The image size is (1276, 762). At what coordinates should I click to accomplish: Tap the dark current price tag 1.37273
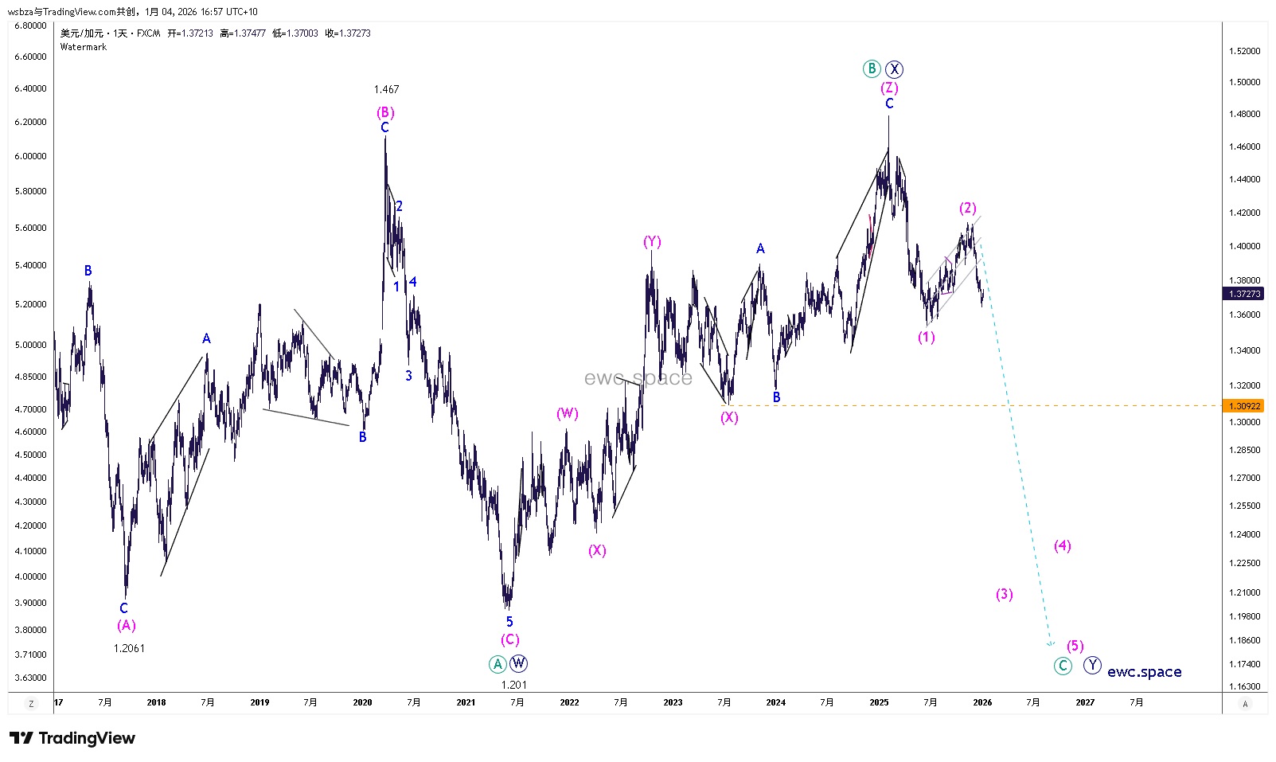pos(1244,294)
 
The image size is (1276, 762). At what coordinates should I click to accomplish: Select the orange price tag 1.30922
pos(1244,406)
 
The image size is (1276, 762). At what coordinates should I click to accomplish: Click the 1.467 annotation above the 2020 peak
pos(386,89)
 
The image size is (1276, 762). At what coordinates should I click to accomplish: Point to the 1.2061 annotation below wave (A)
pos(129,648)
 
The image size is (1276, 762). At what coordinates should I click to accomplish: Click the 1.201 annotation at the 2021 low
pos(513,685)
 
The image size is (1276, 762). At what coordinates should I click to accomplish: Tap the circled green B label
pos(872,68)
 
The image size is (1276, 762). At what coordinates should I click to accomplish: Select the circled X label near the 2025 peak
pos(895,68)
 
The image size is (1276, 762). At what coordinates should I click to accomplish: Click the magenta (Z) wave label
pos(889,88)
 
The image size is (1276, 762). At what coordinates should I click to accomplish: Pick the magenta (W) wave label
pos(567,413)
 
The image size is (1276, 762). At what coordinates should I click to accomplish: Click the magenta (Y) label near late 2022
pos(652,241)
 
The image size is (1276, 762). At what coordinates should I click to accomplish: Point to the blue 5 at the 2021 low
pos(509,622)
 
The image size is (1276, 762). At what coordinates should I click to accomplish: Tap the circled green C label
pos(1063,666)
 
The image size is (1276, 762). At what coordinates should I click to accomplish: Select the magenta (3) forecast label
pos(1005,594)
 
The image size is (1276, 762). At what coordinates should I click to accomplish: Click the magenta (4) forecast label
pos(1063,545)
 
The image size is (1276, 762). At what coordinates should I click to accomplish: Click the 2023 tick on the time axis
pos(673,702)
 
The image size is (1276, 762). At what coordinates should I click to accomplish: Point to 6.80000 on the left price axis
pos(30,25)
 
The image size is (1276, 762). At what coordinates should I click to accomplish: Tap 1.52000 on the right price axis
pos(1244,51)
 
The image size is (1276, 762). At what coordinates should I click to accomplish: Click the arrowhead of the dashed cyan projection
pos(1052,644)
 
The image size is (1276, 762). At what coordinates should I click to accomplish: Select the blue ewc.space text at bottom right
pos(1144,672)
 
